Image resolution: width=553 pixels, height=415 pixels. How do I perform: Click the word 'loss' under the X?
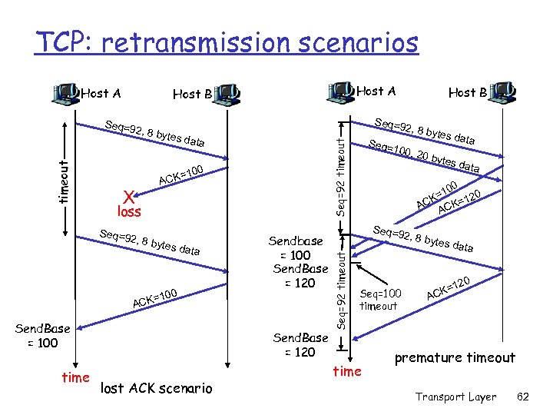pyautogui.click(x=128, y=211)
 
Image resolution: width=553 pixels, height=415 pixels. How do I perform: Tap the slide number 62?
pyautogui.click(x=523, y=397)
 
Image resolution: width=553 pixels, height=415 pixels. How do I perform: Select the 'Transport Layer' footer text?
pyautogui.click(x=456, y=397)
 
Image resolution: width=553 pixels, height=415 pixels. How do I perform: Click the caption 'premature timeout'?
pyautogui.click(x=455, y=358)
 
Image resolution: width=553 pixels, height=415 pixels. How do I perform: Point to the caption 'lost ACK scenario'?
pyautogui.click(x=157, y=388)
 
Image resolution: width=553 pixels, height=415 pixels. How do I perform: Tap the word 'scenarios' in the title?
pyautogui.click(x=359, y=42)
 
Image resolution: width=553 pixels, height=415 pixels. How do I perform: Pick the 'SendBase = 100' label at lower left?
pyautogui.click(x=43, y=336)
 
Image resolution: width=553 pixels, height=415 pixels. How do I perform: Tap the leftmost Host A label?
pyautogui.click(x=101, y=94)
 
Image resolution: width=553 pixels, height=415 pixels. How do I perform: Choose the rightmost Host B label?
pyautogui.click(x=467, y=93)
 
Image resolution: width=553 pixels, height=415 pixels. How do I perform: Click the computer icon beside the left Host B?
pyautogui.click(x=226, y=93)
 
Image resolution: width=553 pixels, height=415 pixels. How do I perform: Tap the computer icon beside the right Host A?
pyautogui.click(x=341, y=91)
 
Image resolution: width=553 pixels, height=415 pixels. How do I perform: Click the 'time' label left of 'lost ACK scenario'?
pyautogui.click(x=75, y=377)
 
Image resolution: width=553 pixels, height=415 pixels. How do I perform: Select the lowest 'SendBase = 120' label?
pyautogui.click(x=300, y=344)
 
